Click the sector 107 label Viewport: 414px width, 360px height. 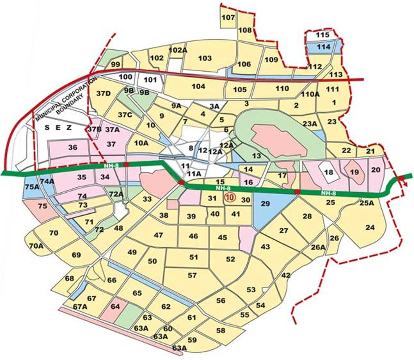[x=228, y=18]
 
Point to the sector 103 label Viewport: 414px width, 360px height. [x=205, y=58]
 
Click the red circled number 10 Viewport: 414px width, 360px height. [x=229, y=198]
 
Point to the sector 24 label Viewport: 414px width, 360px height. [x=370, y=227]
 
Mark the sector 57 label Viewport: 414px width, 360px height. [x=192, y=275]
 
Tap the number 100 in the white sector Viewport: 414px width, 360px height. [x=125, y=77]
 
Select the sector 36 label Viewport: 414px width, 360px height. [x=73, y=147]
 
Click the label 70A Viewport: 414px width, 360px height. [x=36, y=246]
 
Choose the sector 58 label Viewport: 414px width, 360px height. [x=221, y=330]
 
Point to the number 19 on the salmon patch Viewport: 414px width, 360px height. [x=354, y=172]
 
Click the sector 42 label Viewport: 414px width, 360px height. [x=286, y=275]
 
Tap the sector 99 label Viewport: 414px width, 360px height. [x=116, y=64]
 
